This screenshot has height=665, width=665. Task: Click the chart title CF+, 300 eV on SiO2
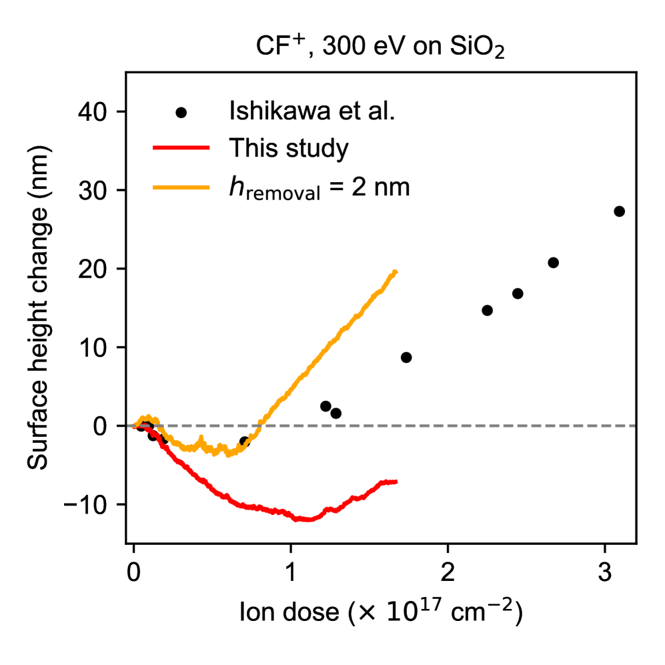click(x=380, y=49)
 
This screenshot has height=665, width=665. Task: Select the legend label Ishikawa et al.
click(x=312, y=111)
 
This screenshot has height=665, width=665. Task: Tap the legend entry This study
click(x=288, y=149)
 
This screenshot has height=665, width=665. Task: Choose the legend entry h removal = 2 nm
click(x=318, y=187)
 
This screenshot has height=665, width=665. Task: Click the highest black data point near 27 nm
click(x=619, y=211)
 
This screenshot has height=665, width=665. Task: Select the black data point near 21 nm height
click(x=553, y=262)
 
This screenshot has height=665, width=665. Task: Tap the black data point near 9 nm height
click(x=406, y=358)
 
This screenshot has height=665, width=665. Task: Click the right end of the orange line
click(x=396, y=272)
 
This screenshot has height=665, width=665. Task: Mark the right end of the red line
click(x=396, y=482)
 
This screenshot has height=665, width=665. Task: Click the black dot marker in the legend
click(x=181, y=112)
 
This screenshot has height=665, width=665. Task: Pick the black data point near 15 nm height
click(x=487, y=310)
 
